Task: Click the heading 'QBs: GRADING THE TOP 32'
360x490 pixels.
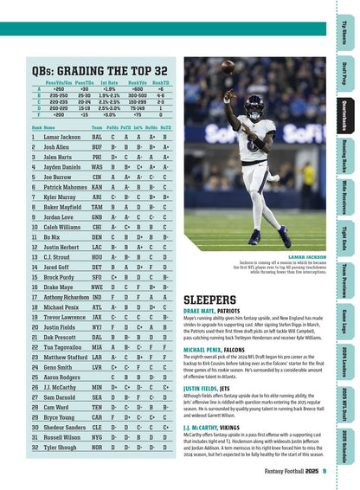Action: coord(100,69)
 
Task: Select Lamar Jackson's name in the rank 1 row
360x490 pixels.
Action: coord(62,137)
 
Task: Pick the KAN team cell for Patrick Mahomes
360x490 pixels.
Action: coord(96,187)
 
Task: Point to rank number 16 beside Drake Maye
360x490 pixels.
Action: coord(35,310)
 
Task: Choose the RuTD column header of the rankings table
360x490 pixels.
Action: coord(166,126)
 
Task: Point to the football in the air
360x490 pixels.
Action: coord(228,66)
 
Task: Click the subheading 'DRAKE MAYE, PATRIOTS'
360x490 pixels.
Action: coord(212,310)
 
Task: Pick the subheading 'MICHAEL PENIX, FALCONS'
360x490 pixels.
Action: coord(215,348)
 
